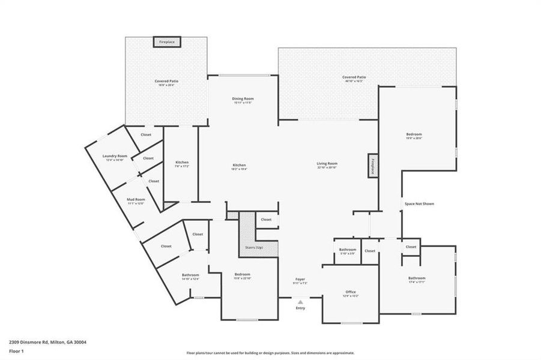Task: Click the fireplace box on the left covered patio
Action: [167, 42]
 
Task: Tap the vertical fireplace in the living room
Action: [372, 166]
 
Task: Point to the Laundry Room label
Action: [115, 156]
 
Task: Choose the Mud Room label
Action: [136, 200]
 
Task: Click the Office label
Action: [351, 292]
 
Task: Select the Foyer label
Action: [300, 280]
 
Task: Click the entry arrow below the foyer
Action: [300, 302]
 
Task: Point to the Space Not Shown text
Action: [419, 204]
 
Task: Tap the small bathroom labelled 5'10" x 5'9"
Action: [348, 250]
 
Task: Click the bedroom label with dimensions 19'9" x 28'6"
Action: [414, 135]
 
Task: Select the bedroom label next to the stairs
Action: [242, 275]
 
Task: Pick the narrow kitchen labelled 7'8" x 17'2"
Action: [182, 164]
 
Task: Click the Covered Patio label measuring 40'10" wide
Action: [354, 78]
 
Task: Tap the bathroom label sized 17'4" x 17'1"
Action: [417, 279]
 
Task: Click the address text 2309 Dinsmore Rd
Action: [47, 342]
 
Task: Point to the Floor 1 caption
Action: [16, 352]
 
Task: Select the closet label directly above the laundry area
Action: [146, 135]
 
